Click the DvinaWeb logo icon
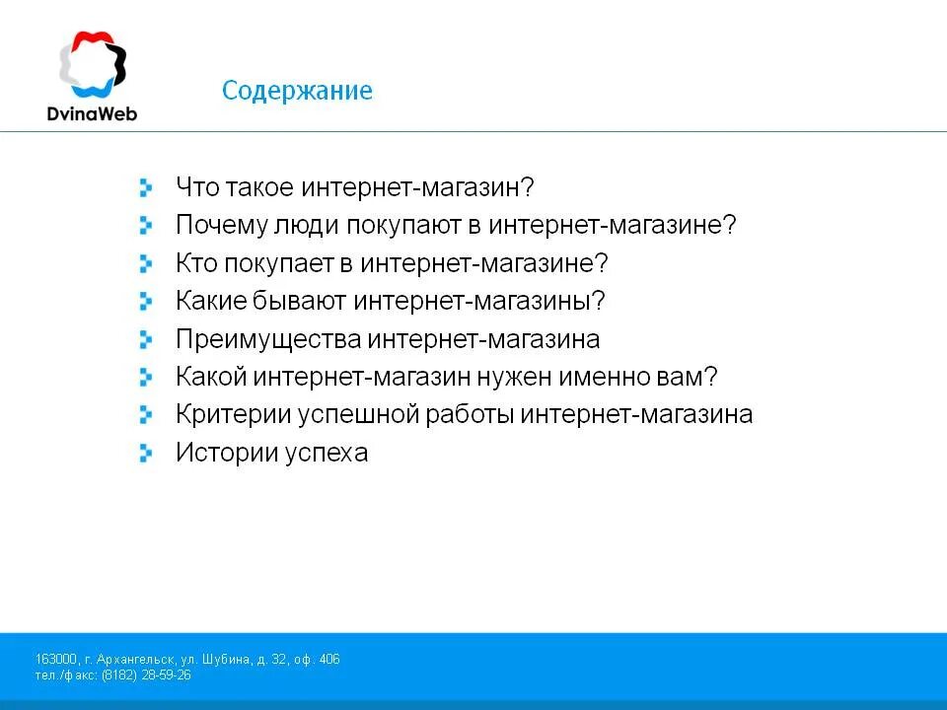point(92,65)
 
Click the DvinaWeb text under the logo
point(92,112)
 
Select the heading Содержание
point(297,91)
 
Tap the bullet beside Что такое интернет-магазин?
point(146,186)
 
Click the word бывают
point(293,301)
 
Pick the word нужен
point(514,377)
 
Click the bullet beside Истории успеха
point(146,453)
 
